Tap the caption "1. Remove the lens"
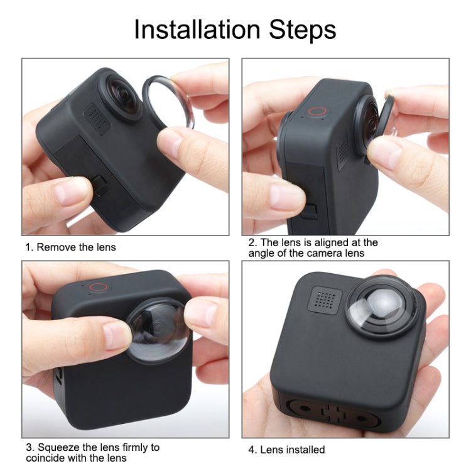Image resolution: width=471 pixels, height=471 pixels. point(70,247)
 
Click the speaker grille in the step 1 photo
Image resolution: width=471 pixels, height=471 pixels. point(97,117)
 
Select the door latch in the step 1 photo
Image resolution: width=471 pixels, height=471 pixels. point(99,182)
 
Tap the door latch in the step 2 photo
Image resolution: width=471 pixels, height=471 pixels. point(308,210)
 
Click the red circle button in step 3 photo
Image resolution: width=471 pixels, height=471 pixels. point(97,288)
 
